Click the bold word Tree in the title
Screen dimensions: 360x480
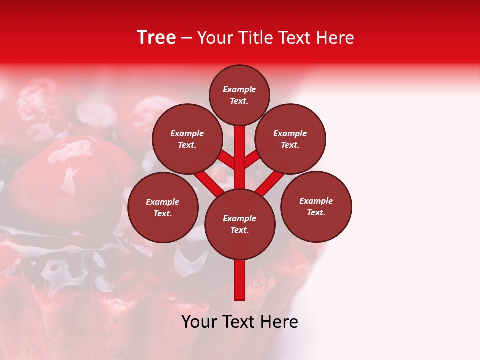click(156, 38)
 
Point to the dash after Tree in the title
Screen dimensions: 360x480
click(186, 38)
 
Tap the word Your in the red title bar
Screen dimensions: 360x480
click(214, 38)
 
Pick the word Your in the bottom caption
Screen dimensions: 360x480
click(199, 322)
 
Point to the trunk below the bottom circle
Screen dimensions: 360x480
click(240, 280)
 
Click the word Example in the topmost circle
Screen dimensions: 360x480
click(239, 90)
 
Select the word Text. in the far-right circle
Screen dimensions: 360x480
click(316, 212)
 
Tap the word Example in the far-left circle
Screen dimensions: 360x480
click(163, 202)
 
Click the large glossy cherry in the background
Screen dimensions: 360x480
click(70, 180)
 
